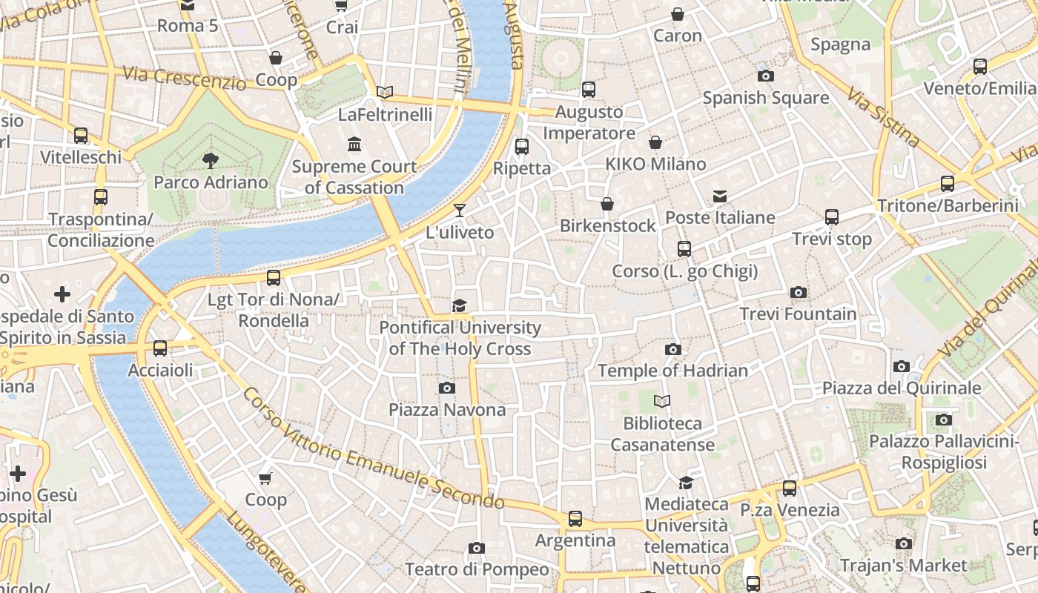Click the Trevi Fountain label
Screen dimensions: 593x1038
[798, 314]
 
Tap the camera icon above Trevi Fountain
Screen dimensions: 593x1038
[798, 293]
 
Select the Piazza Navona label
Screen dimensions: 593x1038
[447, 410]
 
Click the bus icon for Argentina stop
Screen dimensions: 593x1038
[575, 519]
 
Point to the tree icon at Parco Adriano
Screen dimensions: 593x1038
[211, 160]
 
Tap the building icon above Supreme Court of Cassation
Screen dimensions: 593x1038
[354, 144]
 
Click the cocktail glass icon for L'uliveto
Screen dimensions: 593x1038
[460, 211]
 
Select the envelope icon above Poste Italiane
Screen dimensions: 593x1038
[720, 196]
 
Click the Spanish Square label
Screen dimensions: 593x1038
[765, 98]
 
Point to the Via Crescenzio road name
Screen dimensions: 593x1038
[185, 78]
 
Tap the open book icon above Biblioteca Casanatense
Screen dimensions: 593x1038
[662, 402]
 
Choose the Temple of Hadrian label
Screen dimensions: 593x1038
[672, 371]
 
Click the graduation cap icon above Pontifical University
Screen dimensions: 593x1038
[460, 306]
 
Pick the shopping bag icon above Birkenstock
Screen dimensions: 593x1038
[607, 204]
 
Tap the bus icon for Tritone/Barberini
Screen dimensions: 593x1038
[947, 184]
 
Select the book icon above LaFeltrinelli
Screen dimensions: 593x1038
[385, 93]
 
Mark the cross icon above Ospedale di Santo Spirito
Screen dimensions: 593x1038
[62, 295]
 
